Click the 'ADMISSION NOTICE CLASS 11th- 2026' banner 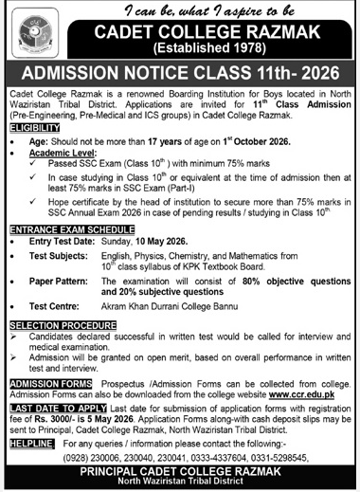(x=180, y=72)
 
